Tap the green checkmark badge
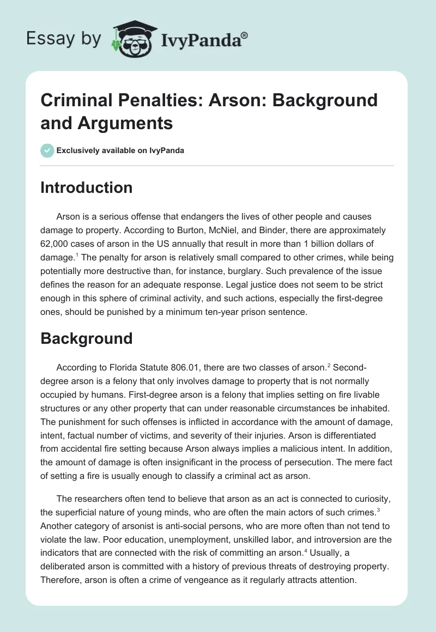pos(47,150)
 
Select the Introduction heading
pos(87,188)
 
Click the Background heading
pos(87,338)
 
